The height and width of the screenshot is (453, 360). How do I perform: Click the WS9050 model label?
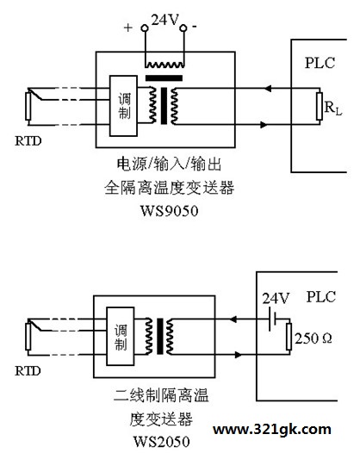(x=170, y=211)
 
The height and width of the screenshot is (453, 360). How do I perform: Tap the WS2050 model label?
(x=162, y=441)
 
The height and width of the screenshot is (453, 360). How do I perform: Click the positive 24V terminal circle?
(x=145, y=28)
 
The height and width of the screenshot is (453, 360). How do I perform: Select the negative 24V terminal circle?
(x=183, y=28)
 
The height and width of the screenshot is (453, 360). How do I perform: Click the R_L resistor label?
(x=333, y=108)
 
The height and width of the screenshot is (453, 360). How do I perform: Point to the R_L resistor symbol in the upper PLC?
(x=320, y=106)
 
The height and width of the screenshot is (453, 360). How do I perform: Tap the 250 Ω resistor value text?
(x=313, y=338)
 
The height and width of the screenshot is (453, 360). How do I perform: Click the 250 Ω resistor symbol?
(x=289, y=337)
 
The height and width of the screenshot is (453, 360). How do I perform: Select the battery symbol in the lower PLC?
(x=272, y=320)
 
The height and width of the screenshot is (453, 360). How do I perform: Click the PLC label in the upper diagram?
(x=320, y=63)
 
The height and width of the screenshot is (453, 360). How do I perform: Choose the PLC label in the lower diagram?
(x=321, y=297)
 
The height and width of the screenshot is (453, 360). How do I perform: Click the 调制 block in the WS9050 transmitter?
(x=123, y=106)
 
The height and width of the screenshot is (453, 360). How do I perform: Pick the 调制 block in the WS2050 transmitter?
(x=121, y=336)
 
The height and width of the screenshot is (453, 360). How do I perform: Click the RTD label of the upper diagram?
(x=28, y=141)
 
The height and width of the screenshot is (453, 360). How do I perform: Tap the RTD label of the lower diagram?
(x=28, y=371)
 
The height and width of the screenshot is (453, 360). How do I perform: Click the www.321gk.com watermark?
(x=272, y=430)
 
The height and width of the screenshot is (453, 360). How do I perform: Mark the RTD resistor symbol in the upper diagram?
(x=28, y=106)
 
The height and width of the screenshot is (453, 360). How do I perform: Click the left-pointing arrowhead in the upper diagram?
(x=268, y=89)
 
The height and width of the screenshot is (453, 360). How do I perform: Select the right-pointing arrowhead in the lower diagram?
(x=238, y=355)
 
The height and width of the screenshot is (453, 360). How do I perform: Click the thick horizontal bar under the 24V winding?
(x=164, y=78)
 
